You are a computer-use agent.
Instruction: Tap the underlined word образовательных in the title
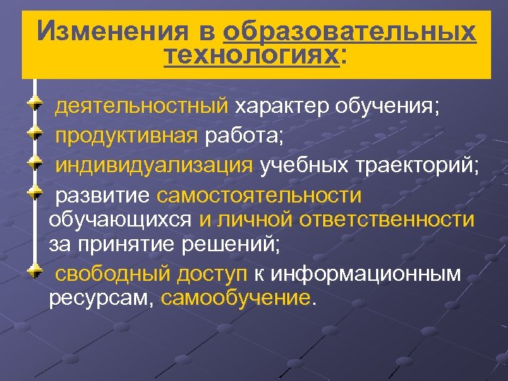(x=349, y=31)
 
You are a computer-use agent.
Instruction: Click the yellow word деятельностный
(x=142, y=107)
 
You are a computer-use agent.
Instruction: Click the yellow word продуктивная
(x=127, y=136)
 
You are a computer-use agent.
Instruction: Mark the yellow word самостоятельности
(x=259, y=194)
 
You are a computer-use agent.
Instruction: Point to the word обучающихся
(x=120, y=219)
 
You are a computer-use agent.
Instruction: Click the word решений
(x=236, y=245)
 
